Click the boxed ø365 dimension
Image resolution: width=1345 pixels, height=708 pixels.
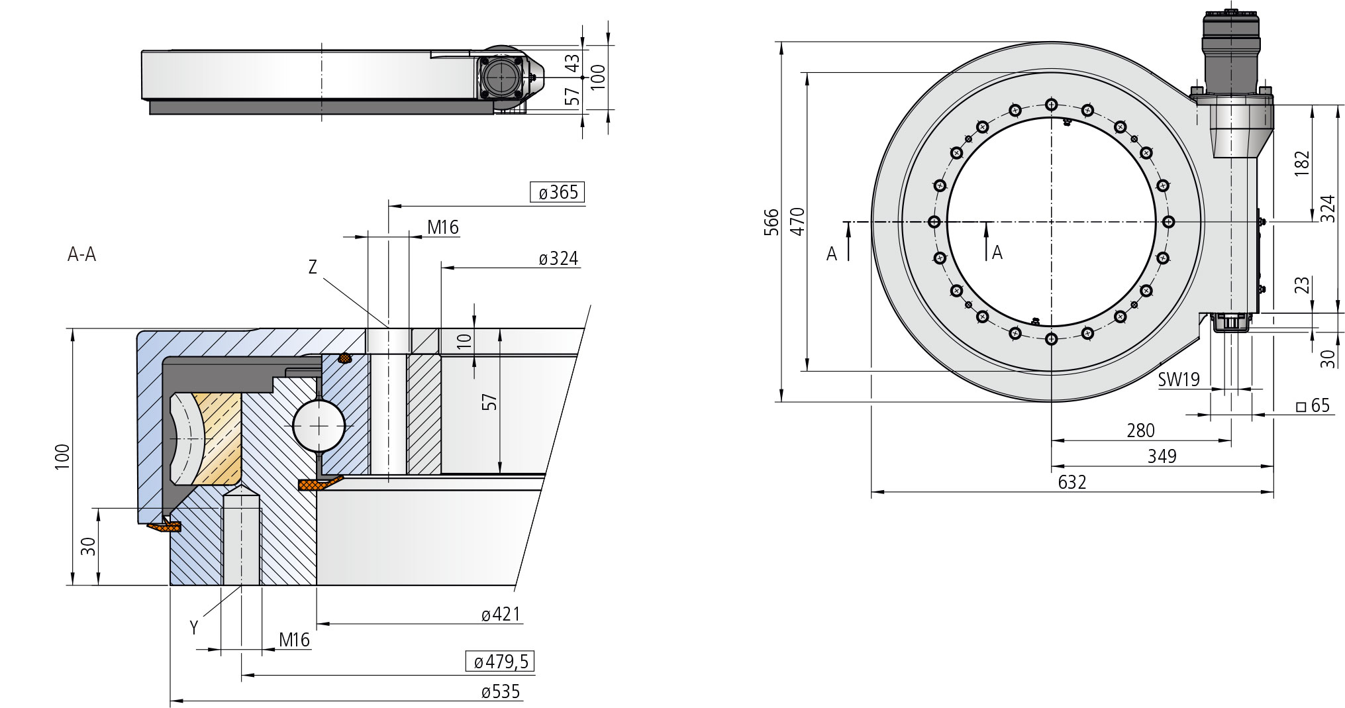558,192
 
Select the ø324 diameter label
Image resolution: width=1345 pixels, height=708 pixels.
559,258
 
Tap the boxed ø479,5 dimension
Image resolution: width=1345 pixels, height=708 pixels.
500,661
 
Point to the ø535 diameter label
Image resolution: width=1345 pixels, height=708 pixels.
501,691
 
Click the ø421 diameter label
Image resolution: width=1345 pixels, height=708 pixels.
501,615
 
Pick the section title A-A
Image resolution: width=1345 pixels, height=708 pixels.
81,254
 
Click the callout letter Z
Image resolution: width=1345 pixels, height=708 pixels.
313,267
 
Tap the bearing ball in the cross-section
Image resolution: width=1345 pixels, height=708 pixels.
319,426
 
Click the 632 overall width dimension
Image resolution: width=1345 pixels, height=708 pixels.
1072,481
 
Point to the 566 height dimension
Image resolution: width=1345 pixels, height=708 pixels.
772,222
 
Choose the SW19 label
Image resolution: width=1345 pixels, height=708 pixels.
1179,379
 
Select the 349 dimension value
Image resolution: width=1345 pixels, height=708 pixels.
1162,456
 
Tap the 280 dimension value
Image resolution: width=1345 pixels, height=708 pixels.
1140,430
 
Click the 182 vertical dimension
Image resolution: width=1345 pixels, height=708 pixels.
1302,163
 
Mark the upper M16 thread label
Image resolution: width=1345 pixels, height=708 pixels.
443,227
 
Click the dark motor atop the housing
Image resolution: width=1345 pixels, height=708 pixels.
1230,50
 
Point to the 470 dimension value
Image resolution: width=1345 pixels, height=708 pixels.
797,221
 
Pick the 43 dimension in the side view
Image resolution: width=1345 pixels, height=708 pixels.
572,62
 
